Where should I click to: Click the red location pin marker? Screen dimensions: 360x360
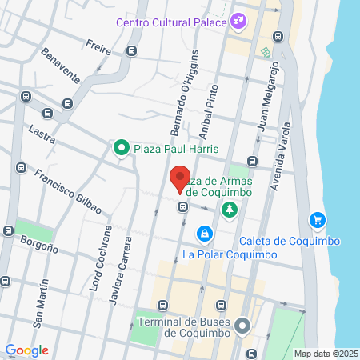[180, 179]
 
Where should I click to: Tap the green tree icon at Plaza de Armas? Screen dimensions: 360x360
[230, 210]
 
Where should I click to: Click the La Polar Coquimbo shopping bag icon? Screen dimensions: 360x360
[206, 234]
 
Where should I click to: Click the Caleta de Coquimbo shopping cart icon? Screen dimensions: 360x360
[318, 220]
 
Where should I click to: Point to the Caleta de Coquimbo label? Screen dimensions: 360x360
[290, 242]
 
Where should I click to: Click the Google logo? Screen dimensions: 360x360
[27, 350]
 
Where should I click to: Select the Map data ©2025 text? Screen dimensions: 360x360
[326, 354]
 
